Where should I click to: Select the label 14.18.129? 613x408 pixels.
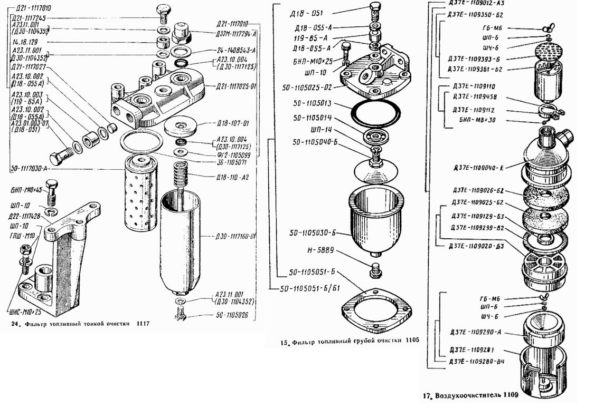(24, 41)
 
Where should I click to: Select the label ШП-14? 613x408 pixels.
(312, 129)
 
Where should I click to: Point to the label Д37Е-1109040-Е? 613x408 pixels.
(478, 168)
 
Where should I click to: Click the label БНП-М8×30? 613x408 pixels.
(478, 120)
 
